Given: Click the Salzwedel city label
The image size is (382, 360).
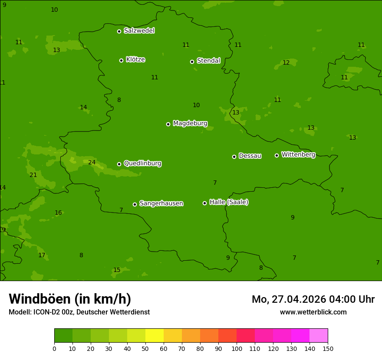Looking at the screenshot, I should point(139,31).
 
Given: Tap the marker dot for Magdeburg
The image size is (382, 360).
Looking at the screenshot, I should point(168,124).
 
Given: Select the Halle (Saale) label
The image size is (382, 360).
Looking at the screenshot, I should point(229,202).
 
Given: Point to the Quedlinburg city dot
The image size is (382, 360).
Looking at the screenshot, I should point(119,164).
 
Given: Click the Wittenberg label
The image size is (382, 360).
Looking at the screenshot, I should point(298,154).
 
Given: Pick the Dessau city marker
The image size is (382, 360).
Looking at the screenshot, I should point(234,157).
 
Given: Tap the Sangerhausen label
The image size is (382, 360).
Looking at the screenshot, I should point(161,203).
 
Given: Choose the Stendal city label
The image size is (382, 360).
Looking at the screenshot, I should point(208,61).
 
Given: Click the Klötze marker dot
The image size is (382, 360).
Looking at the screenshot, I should point(121,60).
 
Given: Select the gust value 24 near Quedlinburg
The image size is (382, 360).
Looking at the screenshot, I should point(92,163).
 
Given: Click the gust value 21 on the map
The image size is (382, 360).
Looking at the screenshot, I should point(33,175).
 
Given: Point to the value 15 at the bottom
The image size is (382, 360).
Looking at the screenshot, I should point(117,270).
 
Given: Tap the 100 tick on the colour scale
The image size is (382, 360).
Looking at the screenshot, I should point(237,348).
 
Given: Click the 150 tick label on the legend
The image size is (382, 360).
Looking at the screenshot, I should point(328,348).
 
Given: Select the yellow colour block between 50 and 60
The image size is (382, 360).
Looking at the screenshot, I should point(155,336).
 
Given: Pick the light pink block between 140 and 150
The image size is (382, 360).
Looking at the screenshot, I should point(319,336).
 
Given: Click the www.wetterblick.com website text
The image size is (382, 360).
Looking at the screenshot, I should point(313,312).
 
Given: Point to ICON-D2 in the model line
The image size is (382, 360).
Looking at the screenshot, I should point(46,312).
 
